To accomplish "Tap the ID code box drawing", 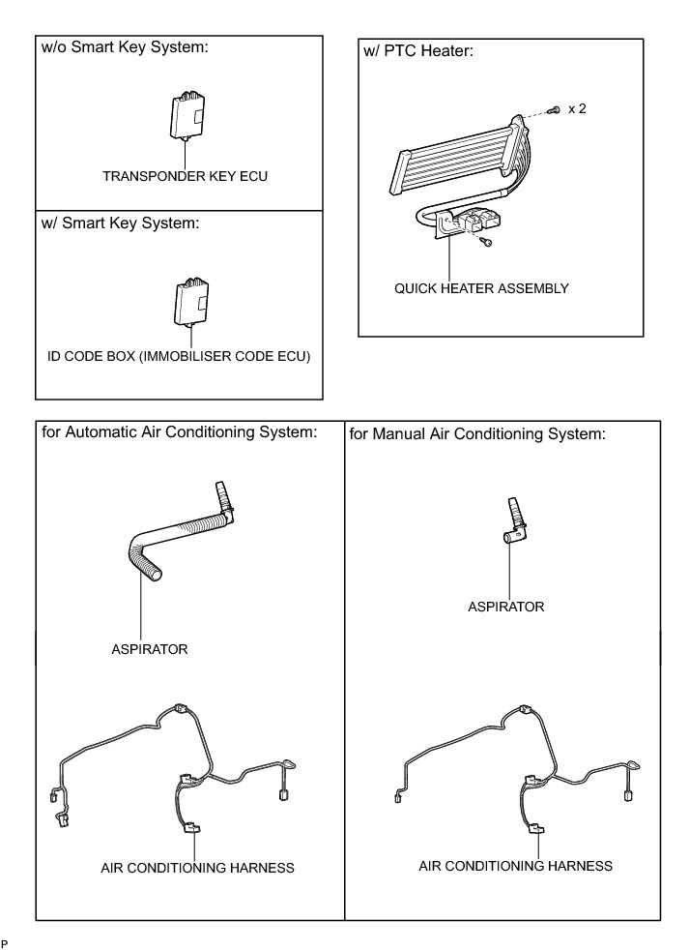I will coord(191,301).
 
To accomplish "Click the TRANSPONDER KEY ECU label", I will coord(185,177).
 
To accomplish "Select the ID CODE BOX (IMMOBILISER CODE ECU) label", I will coord(181,357).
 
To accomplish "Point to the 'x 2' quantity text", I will coord(578,109).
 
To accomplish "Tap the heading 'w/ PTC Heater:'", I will coord(417,50).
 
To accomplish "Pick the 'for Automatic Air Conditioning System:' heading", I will coord(180,431).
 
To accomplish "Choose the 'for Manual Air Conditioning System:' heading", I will coord(477,433).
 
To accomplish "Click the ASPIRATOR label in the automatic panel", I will coord(150,649).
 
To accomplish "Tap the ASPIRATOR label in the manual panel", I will coord(505,607).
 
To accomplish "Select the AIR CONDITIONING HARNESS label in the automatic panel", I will coord(197,868).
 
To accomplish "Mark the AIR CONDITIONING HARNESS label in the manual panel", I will coord(515,865).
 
